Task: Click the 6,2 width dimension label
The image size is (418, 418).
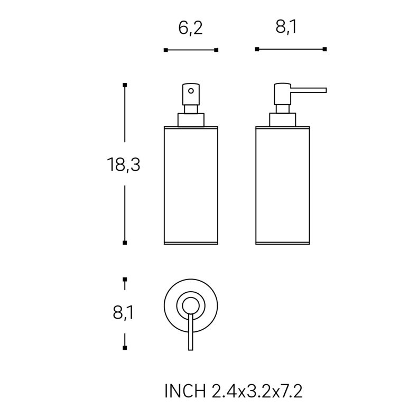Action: pos(190,28)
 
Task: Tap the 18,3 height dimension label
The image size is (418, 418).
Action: pos(124,164)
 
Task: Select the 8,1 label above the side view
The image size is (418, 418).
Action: pos(286,27)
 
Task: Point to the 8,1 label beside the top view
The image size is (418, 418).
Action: pos(123,313)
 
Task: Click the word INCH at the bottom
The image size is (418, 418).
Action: pos(185,392)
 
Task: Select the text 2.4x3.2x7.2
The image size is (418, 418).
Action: pos(257,392)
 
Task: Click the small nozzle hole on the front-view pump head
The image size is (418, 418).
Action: pos(191,91)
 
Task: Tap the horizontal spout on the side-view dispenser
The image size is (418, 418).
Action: pos(309,90)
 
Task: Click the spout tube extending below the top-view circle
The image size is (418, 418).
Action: pos(191,332)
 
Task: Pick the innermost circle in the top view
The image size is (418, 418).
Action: pos(191,298)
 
